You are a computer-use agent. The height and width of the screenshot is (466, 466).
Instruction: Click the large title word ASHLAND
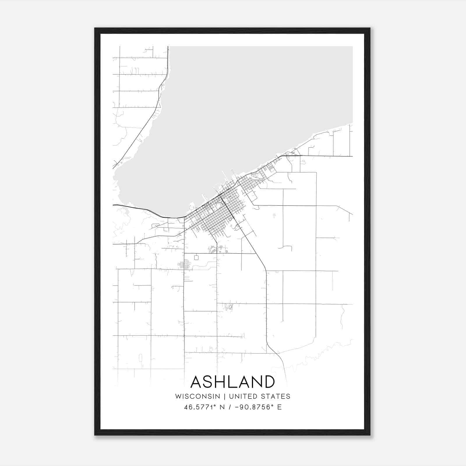pyautogui.click(x=232, y=382)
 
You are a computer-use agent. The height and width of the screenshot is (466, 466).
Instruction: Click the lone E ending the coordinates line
pyautogui.click(x=279, y=407)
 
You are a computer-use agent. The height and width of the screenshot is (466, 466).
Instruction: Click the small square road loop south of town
pyautogui.click(x=196, y=257)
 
